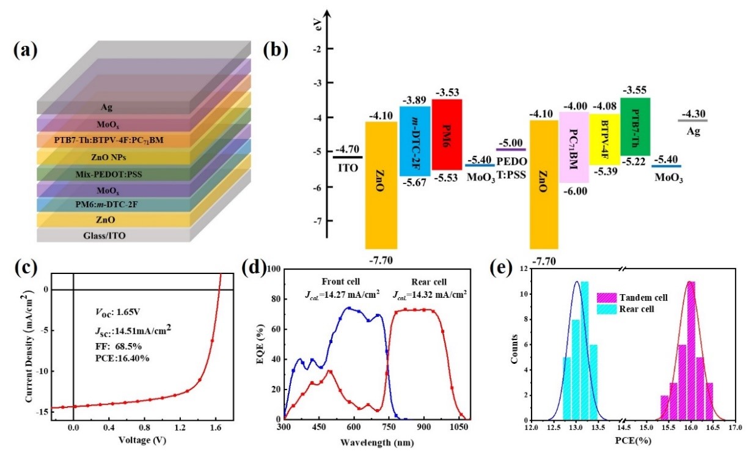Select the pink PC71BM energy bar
tap(574, 147)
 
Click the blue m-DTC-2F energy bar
tap(415, 141)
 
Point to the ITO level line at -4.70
tap(348, 157)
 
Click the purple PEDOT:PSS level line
tap(511, 149)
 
